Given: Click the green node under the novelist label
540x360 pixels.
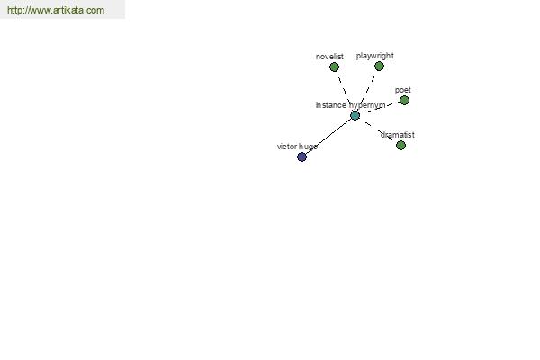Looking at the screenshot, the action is pyautogui.click(x=334, y=67).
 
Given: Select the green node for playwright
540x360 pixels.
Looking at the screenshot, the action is pyautogui.click(x=379, y=66).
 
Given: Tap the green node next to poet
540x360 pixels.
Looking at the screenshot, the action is pyautogui.click(x=404, y=101).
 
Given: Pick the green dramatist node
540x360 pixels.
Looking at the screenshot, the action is pyautogui.click(x=400, y=146).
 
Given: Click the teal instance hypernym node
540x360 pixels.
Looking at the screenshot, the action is pyautogui.click(x=355, y=115).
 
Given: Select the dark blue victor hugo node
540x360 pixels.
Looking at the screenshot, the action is pyautogui.click(x=301, y=157).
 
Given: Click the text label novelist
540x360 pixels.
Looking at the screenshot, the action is pyautogui.click(x=329, y=57).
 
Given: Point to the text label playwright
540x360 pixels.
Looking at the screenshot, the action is pyautogui.click(x=375, y=56).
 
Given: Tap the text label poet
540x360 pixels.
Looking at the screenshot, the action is pyautogui.click(x=403, y=90).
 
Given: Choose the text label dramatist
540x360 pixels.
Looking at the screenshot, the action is pyautogui.click(x=398, y=135).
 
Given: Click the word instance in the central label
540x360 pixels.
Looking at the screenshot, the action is pyautogui.click(x=331, y=105).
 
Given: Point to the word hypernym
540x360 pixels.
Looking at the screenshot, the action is pyautogui.click(x=367, y=105).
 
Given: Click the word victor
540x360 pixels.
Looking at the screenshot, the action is pyautogui.click(x=287, y=147).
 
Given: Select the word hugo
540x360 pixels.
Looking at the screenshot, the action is pyautogui.click(x=308, y=147).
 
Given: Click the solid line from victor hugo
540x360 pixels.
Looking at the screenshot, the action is pyautogui.click(x=328, y=136).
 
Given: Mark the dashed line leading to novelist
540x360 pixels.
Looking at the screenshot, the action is pyautogui.click(x=345, y=90).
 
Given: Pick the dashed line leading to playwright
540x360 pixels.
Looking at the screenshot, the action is pyautogui.click(x=368, y=89).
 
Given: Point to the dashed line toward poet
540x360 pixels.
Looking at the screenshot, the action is pyautogui.click(x=382, y=107).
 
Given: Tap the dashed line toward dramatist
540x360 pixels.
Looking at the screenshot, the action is pyautogui.click(x=379, y=130).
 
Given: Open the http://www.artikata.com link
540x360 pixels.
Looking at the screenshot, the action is pyautogui.click(x=56, y=10).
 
